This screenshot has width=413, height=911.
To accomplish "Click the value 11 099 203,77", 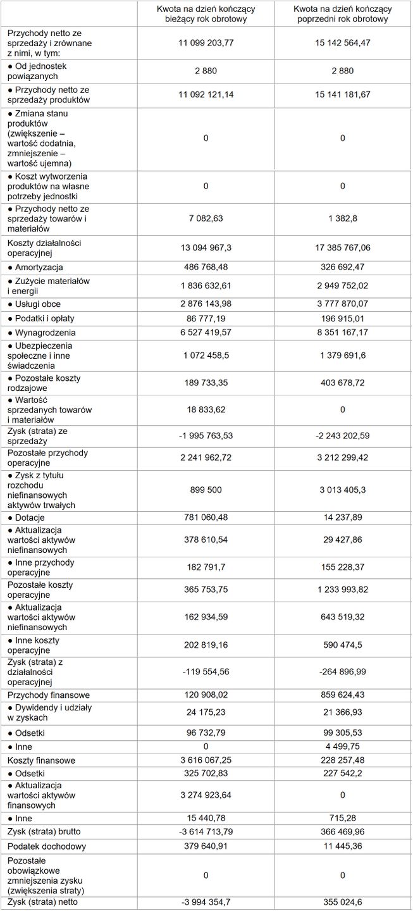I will click(206, 42).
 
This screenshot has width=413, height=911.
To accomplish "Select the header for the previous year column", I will click(342, 14).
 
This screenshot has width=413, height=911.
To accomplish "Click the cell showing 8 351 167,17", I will click(342, 332).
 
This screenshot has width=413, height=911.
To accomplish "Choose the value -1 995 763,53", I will click(206, 435).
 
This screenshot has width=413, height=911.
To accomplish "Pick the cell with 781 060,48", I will click(206, 517).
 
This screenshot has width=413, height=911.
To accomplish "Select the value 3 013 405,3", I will click(342, 490).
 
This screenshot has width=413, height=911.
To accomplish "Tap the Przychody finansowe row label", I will click(48, 695).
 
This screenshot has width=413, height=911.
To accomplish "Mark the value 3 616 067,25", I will click(206, 760).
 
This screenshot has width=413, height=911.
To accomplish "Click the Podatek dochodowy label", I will click(46, 846).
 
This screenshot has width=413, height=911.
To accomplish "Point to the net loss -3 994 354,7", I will click(206, 902).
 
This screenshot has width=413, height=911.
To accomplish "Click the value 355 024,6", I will click(342, 902).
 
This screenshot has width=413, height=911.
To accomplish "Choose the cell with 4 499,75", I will click(342, 747).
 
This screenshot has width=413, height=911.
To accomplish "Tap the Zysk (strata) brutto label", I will click(44, 831).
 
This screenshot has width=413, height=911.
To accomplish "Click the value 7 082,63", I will click(206, 218).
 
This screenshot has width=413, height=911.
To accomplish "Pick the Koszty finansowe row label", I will click(41, 760).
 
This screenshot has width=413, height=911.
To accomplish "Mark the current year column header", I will click(206, 14).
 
